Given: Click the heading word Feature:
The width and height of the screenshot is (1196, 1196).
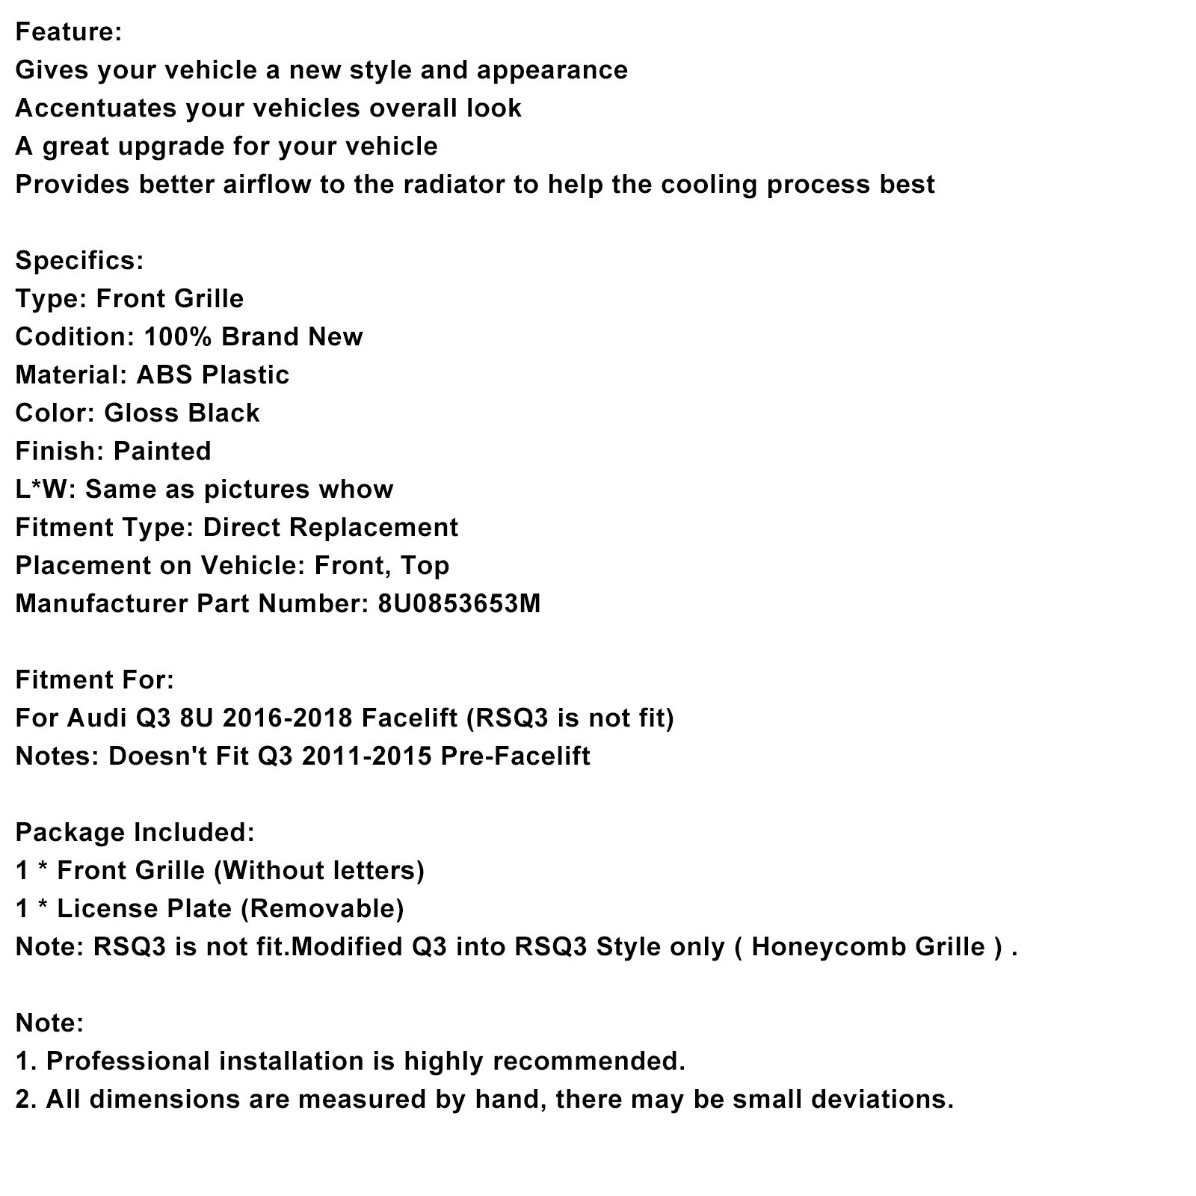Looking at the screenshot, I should click(x=68, y=32).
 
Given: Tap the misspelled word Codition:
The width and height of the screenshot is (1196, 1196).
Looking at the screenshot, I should click(x=74, y=337).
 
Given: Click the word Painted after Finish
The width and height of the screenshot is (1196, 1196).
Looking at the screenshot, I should click(x=161, y=451).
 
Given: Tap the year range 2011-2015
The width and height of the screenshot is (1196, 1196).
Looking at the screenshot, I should click(x=366, y=756).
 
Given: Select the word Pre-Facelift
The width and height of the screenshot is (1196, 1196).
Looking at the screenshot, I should click(x=515, y=756).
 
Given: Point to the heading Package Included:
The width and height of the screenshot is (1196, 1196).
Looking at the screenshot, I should click(x=135, y=833).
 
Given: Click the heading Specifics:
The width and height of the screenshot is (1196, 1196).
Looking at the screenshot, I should click(x=79, y=261).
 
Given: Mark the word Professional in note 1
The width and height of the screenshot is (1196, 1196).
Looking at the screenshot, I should click(x=128, y=1061).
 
